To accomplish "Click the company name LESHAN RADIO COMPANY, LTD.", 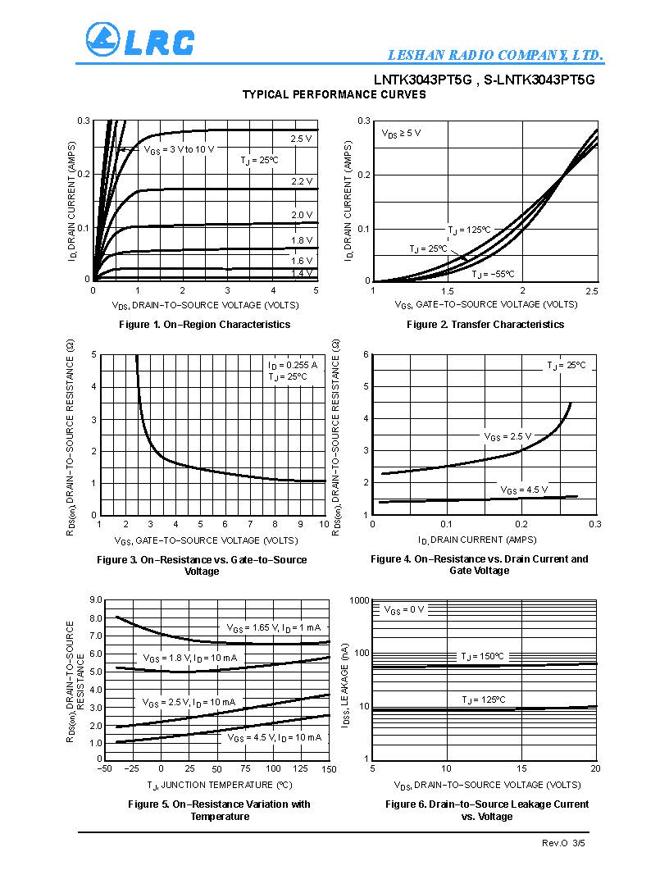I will click(496, 56).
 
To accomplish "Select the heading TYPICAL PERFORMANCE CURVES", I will click(334, 95).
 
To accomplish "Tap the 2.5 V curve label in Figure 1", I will click(302, 139).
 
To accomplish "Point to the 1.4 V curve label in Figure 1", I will click(302, 273).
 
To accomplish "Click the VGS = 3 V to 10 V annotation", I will click(179, 149).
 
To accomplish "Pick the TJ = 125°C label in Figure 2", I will click(469, 230).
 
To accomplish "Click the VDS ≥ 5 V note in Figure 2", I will click(402, 133).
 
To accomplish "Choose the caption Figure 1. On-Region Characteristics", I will click(205, 325).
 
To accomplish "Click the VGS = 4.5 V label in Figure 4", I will click(524, 490).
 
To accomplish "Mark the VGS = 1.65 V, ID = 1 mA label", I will click(274, 628).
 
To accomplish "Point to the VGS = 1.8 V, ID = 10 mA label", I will click(190, 658).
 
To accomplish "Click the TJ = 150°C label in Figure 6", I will click(482, 657).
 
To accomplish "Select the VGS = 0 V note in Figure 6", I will click(404, 609).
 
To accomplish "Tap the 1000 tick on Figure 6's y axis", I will click(360, 601).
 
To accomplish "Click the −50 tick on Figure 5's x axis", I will click(104, 769).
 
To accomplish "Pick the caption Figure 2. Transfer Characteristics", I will click(485, 325).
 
